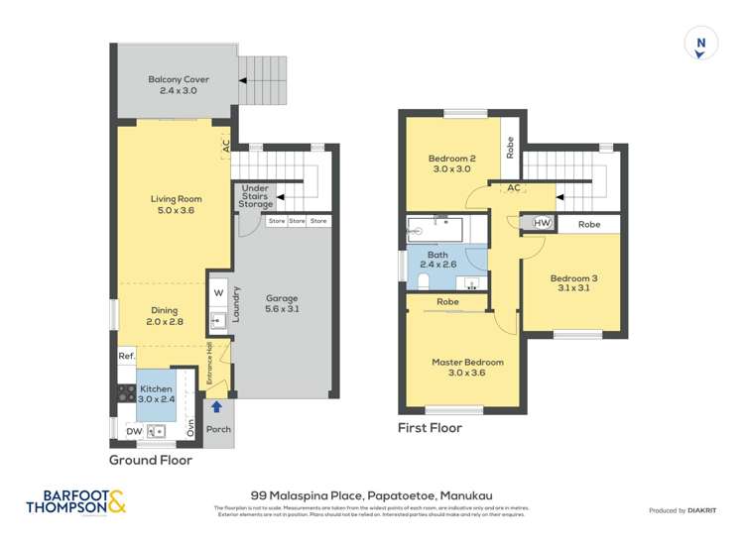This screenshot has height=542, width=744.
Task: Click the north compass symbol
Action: coord(702,43)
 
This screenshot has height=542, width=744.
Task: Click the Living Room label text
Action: coord(176,204)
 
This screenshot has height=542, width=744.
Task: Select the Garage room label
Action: coord(282,303)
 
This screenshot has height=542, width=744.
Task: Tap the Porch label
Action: coord(217,429)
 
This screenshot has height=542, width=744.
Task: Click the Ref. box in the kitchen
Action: coord(126,356)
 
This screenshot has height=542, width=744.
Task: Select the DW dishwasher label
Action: coord(133,430)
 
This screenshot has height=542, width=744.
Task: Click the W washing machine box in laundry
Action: coord(219,293)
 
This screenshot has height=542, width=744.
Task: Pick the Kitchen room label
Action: coord(156,394)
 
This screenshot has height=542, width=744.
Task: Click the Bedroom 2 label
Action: coord(452,164)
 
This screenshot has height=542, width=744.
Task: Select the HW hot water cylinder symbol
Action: coord(542,224)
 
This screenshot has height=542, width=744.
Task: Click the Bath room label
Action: coord(437,261)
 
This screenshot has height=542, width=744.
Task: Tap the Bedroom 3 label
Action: coord(574,284)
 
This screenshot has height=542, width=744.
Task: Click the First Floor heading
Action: coord(430,428)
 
